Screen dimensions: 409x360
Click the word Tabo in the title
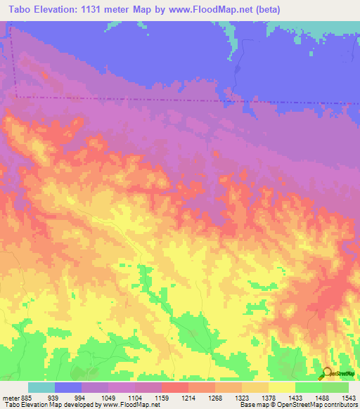(x=22, y=10)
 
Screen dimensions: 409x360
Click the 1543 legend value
(x=349, y=398)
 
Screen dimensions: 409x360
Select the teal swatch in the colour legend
(x=41, y=387)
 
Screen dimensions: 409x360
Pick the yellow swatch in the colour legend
(x=281, y=387)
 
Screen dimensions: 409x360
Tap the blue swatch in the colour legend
(x=68, y=387)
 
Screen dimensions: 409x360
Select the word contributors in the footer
(x=340, y=405)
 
